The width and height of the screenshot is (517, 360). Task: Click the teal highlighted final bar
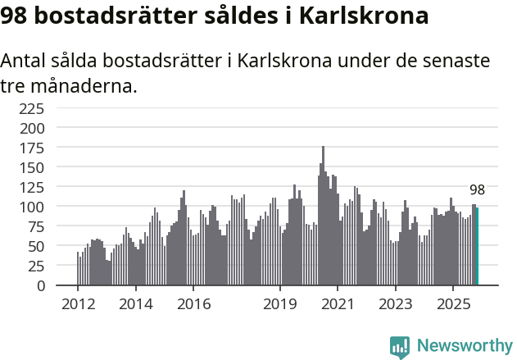(x=477, y=246)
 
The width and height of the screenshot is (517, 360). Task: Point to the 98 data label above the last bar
(x=477, y=190)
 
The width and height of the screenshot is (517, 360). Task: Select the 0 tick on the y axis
(x=41, y=285)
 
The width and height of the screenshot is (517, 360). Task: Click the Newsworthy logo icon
(x=400, y=346)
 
